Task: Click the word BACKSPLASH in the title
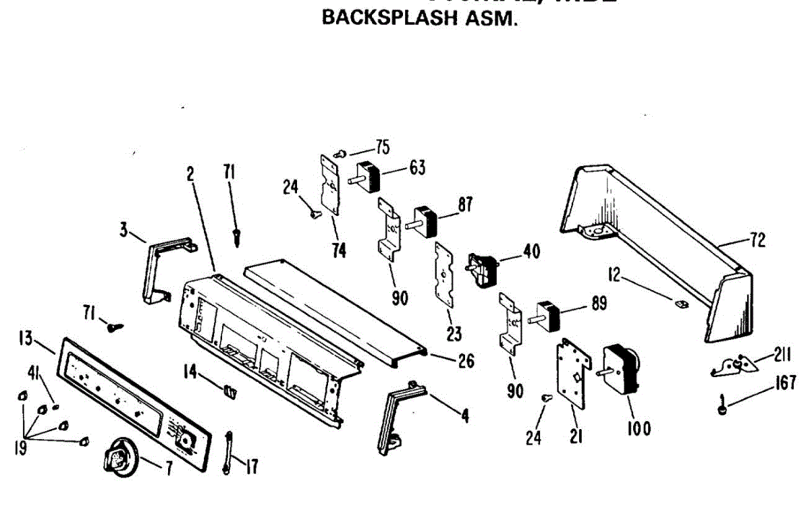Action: [378, 18]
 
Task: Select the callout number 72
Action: [758, 241]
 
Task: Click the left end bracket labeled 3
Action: [162, 266]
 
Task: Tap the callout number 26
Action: [465, 362]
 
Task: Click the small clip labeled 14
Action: [231, 389]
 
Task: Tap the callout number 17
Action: [251, 466]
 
